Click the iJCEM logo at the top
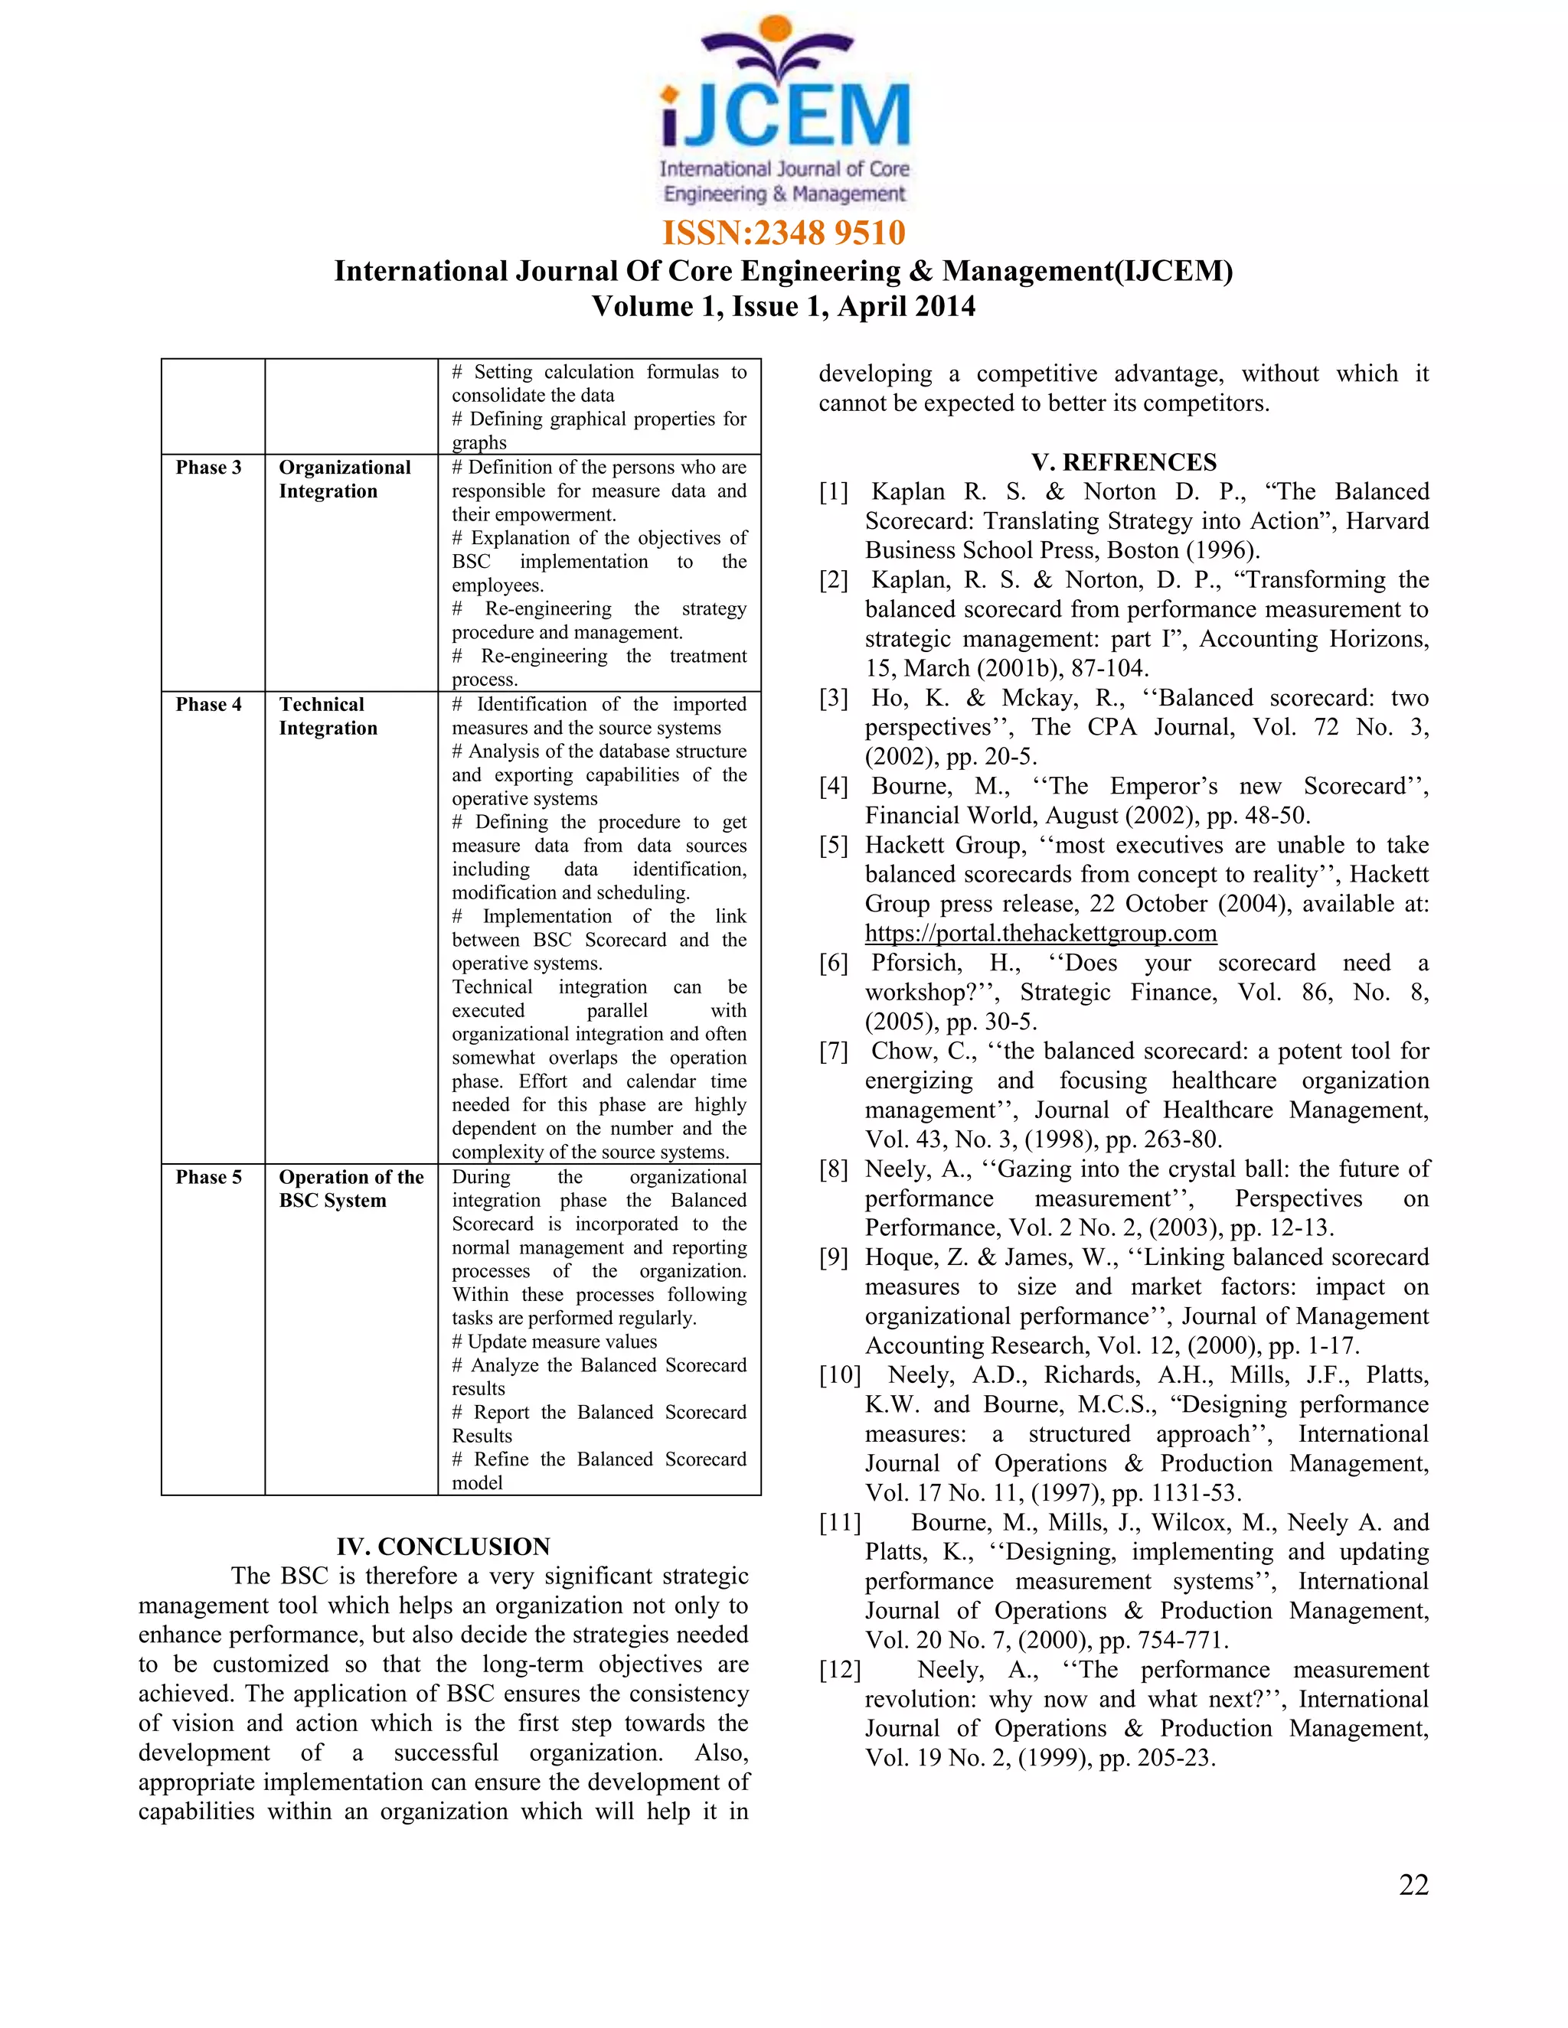coord(784,112)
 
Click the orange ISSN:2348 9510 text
coord(784,232)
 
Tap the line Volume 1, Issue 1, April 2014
coord(784,306)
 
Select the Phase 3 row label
coord(208,467)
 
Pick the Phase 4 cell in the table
coord(208,704)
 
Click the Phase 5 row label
coord(208,1176)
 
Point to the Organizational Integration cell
coord(345,479)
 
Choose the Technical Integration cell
coord(328,716)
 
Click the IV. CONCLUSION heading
coord(443,1546)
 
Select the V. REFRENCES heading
coord(1123,462)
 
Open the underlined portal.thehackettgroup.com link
coord(1040,933)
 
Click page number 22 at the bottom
coord(1413,1884)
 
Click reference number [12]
coord(840,1670)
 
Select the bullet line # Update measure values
coord(554,1341)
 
